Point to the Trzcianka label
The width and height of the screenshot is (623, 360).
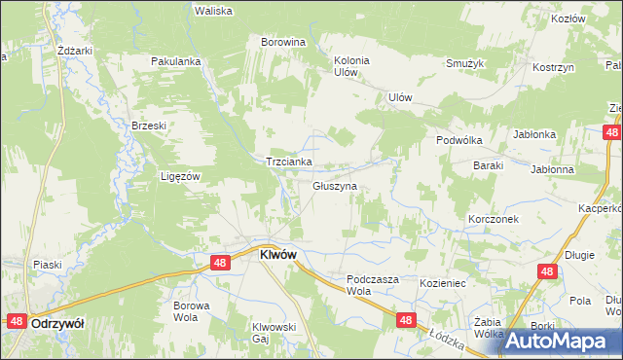(288, 162)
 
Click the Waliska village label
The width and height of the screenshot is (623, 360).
(212, 11)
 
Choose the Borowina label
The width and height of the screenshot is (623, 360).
(283, 43)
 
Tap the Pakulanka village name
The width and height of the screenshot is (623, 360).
(175, 61)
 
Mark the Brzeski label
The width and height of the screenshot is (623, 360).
(150, 126)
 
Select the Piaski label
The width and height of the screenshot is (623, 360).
(47, 265)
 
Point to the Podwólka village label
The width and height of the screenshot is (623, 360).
(459, 139)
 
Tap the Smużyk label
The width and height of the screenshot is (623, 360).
(465, 63)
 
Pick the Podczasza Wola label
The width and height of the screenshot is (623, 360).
(373, 284)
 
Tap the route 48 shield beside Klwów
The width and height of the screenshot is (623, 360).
(220, 263)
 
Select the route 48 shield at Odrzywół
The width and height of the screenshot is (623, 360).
(17, 321)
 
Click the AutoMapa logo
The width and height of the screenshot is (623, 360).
(558, 341)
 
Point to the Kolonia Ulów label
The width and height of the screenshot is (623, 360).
(351, 65)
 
